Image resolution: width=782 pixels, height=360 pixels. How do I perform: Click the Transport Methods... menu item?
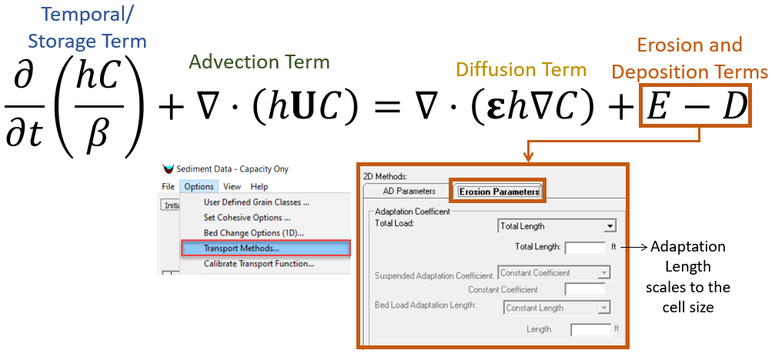point(266,248)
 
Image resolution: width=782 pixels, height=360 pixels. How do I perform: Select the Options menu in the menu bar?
point(199,186)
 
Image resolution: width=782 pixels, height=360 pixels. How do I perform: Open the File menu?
point(168,186)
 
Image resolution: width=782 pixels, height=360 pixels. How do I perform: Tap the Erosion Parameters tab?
point(498,192)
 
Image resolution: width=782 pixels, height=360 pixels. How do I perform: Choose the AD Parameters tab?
point(409,191)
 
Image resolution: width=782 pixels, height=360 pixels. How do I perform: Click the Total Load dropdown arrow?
point(609,226)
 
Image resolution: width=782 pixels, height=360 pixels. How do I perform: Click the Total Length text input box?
point(585,248)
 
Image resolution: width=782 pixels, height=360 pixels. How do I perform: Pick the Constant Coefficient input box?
point(585,289)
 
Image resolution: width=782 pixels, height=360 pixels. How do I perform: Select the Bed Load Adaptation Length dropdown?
point(557,308)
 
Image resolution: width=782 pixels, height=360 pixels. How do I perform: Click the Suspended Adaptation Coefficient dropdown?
point(554,273)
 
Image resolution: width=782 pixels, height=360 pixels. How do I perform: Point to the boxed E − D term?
point(697,108)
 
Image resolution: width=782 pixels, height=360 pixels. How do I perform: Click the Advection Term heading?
point(259,62)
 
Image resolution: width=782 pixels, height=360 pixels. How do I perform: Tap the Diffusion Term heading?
point(521,70)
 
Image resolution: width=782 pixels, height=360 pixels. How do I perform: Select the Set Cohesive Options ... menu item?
point(247,218)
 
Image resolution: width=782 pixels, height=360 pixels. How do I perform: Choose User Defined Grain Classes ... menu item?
point(256,202)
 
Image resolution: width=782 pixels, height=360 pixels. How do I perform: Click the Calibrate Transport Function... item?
point(259,264)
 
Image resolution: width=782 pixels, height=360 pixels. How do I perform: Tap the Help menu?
point(259,186)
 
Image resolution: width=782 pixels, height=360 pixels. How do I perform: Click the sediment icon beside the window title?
point(168,169)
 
